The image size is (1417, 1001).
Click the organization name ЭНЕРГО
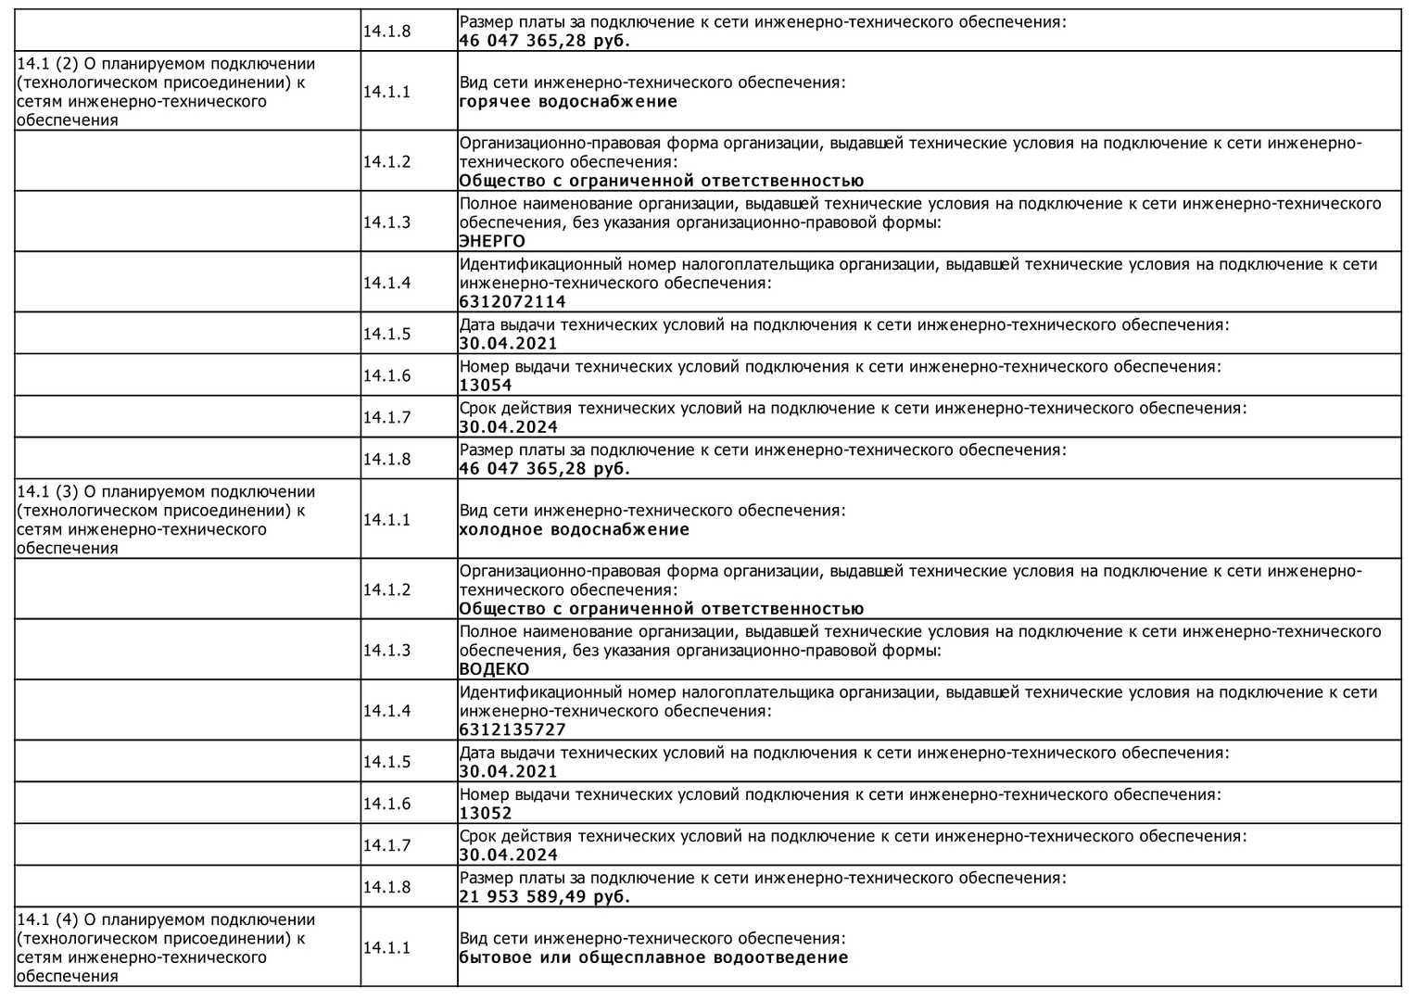(x=492, y=242)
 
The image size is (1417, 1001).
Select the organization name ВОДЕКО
(x=494, y=669)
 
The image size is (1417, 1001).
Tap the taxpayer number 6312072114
(x=512, y=302)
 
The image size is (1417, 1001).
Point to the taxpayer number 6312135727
(x=512, y=730)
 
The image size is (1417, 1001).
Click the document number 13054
(x=485, y=386)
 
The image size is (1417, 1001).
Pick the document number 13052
(x=485, y=814)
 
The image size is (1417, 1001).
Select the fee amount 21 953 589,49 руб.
(x=544, y=897)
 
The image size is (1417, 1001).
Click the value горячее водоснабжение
(x=568, y=102)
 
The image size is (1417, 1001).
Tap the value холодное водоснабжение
(x=574, y=530)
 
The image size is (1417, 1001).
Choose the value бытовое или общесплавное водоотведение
(x=653, y=957)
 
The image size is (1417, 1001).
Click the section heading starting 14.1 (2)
(x=166, y=92)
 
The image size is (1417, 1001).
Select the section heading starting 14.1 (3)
(x=166, y=520)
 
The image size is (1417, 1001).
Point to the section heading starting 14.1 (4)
(x=166, y=947)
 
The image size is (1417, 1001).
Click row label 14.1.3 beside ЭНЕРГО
(x=386, y=222)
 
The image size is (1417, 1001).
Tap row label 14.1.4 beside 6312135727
(x=386, y=711)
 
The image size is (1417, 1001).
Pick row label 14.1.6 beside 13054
(x=386, y=375)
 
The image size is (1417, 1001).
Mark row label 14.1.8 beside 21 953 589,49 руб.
(x=386, y=887)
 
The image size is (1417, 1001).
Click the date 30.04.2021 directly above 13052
(x=508, y=772)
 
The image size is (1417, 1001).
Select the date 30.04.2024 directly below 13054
(x=508, y=427)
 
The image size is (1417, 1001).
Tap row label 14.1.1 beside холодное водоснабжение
(x=386, y=520)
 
